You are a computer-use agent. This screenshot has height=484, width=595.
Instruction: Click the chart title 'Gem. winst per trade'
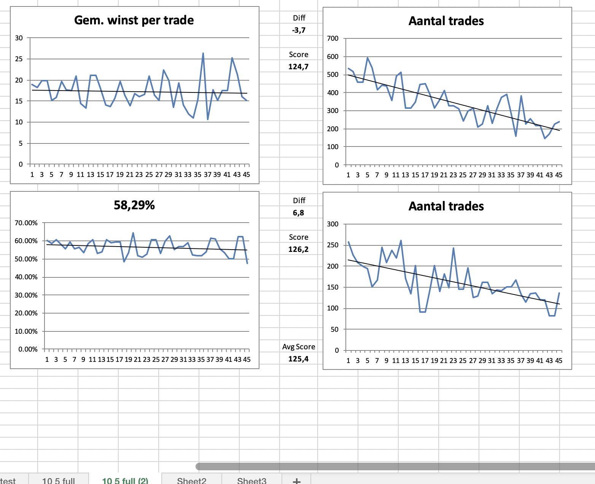pyautogui.click(x=134, y=20)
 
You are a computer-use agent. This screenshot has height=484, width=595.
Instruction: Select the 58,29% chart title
pyautogui.click(x=134, y=205)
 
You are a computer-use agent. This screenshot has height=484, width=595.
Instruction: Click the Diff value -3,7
pyautogui.click(x=299, y=30)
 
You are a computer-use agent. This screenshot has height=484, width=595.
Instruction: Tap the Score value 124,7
pyautogui.click(x=298, y=67)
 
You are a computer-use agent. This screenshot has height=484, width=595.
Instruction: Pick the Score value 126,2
pyautogui.click(x=298, y=249)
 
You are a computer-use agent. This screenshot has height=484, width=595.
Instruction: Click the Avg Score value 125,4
pyautogui.click(x=298, y=359)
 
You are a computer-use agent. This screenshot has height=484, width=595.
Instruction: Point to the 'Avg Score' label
pyautogui.click(x=299, y=347)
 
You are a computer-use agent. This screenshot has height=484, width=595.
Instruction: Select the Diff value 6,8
pyautogui.click(x=299, y=213)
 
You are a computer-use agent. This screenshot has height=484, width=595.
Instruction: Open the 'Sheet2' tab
pyautogui.click(x=191, y=480)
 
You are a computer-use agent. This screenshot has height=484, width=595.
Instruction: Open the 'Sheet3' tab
pyautogui.click(x=251, y=480)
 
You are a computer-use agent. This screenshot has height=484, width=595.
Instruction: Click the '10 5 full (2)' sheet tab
pyautogui.click(x=125, y=480)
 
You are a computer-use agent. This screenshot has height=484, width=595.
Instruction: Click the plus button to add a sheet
pyautogui.click(x=297, y=481)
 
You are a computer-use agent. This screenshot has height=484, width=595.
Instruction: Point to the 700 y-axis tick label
pyautogui.click(x=332, y=38)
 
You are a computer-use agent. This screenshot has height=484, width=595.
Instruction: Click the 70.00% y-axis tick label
pyautogui.click(x=26, y=223)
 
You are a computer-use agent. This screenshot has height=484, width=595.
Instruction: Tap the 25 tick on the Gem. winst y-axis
pyautogui.click(x=19, y=59)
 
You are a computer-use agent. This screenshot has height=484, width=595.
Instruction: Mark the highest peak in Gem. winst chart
pyautogui.click(x=203, y=53)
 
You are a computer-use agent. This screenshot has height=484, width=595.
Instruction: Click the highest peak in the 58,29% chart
pyautogui.click(x=133, y=233)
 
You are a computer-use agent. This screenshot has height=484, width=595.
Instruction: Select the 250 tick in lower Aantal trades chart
pyautogui.click(x=332, y=245)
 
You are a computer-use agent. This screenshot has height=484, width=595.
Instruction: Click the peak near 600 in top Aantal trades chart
pyautogui.click(x=367, y=58)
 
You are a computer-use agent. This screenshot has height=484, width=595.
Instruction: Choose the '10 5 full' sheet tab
pyautogui.click(x=59, y=480)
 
